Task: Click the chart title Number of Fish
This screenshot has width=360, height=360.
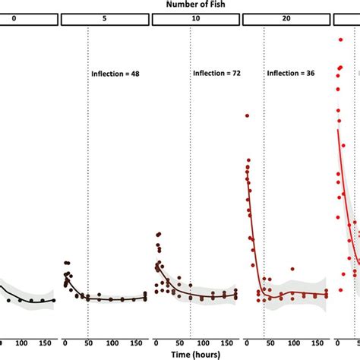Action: coord(179,5)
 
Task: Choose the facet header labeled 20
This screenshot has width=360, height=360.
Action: coord(285,21)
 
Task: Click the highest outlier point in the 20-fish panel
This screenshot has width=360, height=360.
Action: coord(247,115)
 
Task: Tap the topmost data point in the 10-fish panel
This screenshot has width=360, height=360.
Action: coord(158,234)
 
